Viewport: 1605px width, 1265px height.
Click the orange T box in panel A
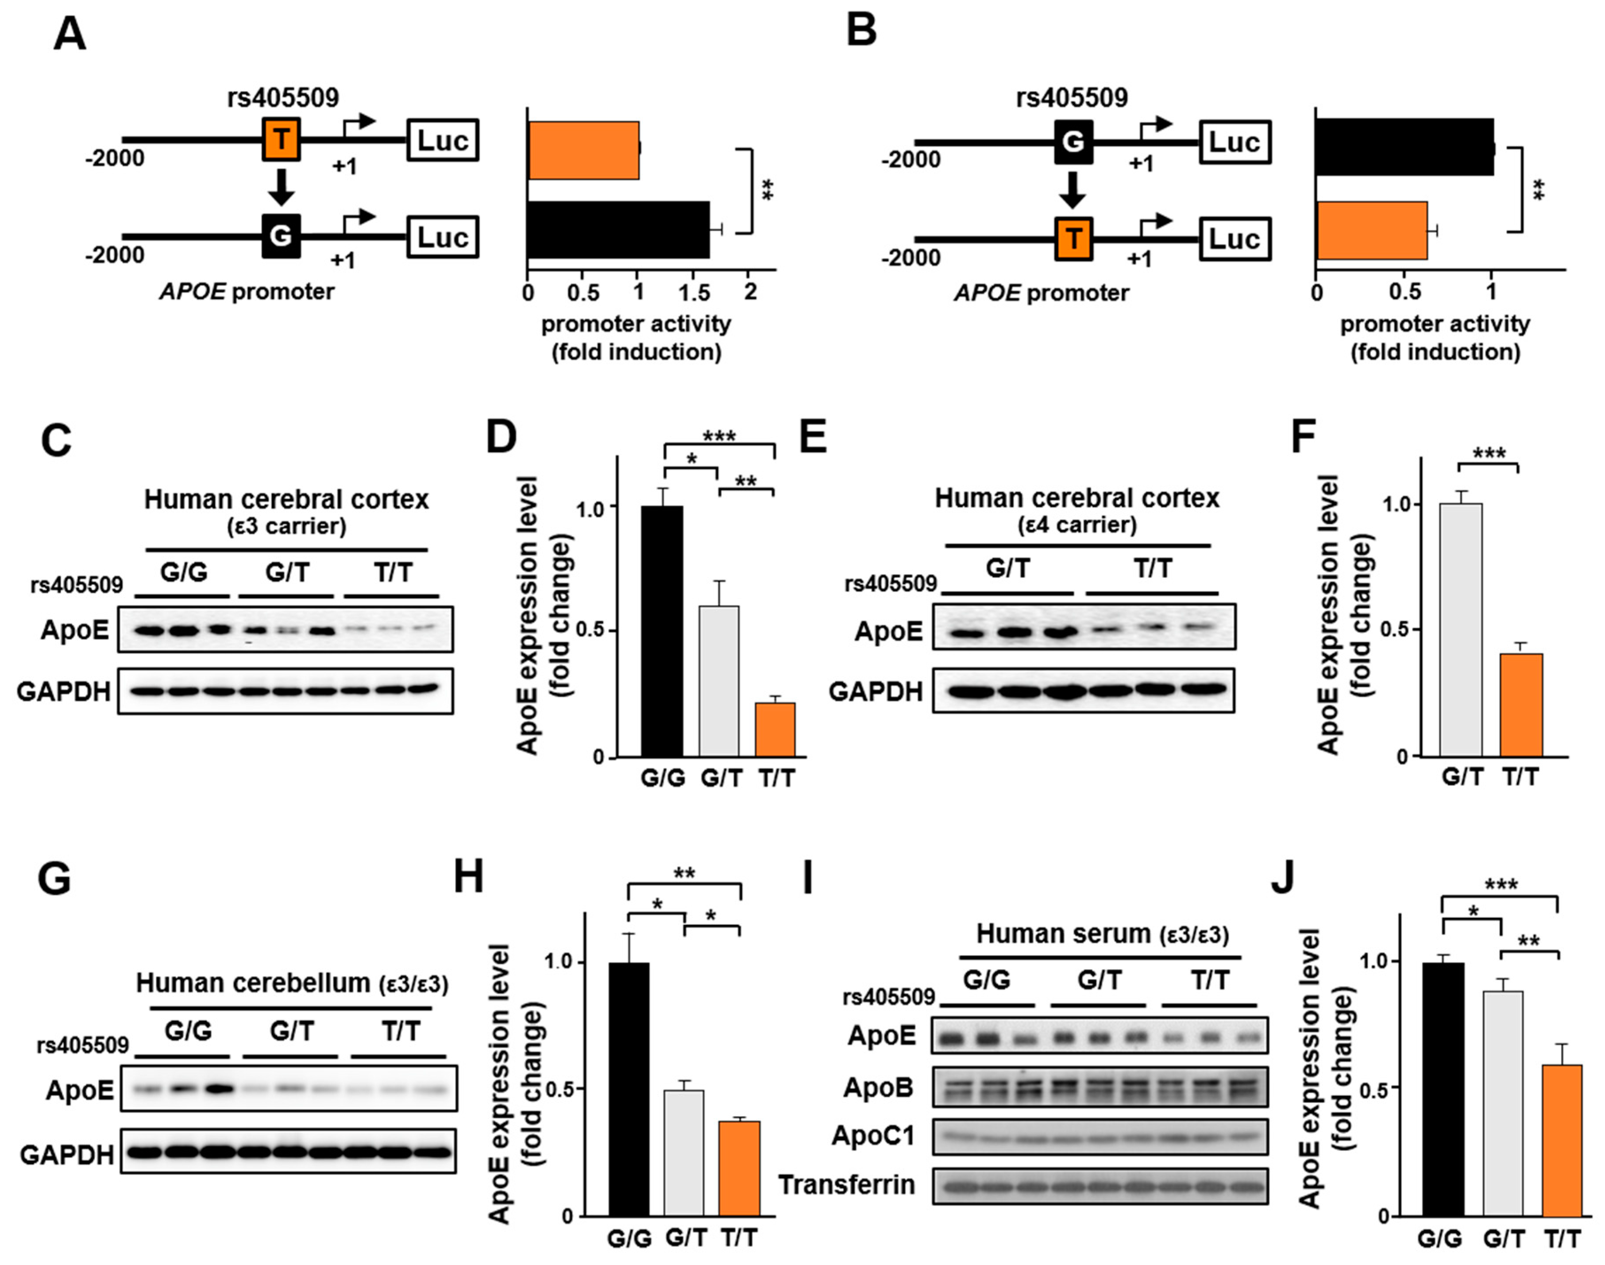[x=282, y=139]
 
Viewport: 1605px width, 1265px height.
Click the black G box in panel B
[x=1073, y=141]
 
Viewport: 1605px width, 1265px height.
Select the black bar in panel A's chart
[x=618, y=230]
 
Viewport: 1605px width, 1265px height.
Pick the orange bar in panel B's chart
[x=1371, y=230]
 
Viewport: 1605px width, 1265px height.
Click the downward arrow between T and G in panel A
[x=282, y=187]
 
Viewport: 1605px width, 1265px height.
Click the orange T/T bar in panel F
[x=1520, y=704]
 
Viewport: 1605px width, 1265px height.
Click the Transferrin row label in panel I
[x=846, y=1184]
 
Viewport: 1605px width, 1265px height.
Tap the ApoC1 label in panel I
[x=874, y=1135]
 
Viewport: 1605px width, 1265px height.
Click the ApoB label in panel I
[x=878, y=1087]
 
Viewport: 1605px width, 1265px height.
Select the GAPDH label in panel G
[x=67, y=1154]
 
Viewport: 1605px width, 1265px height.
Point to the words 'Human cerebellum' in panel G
[x=252, y=983]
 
